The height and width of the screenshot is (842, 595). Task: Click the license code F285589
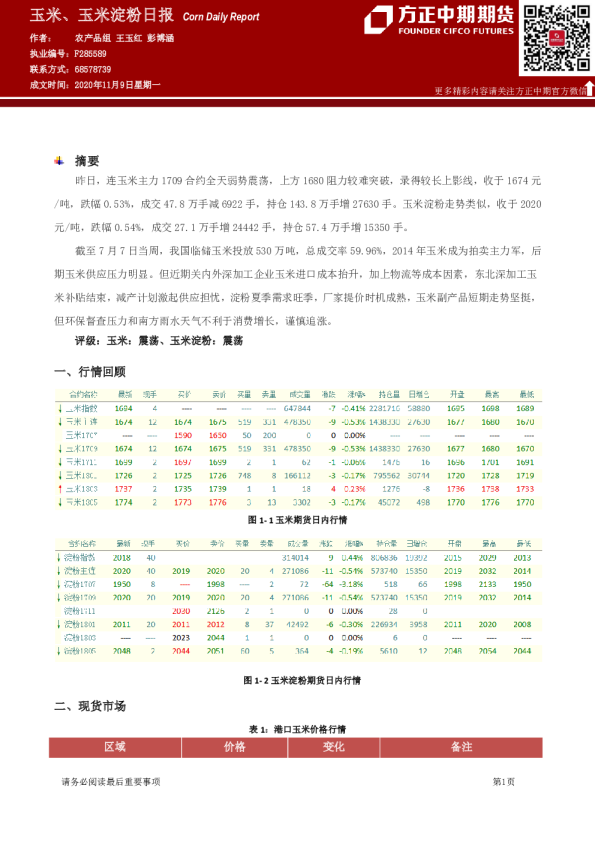tap(90, 53)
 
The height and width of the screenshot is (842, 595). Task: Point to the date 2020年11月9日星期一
tap(117, 85)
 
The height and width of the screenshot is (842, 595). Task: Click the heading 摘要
tap(87, 160)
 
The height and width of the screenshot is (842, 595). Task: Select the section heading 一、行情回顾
tap(89, 371)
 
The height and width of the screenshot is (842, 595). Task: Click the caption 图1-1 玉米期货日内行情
tap(296, 521)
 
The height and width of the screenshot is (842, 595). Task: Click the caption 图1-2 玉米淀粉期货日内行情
tap(296, 680)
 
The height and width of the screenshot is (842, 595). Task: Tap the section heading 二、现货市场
tap(89, 706)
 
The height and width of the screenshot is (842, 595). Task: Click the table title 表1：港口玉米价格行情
tap(296, 729)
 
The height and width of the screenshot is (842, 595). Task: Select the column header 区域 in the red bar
tap(115, 746)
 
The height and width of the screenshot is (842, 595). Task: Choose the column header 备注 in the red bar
tap(461, 746)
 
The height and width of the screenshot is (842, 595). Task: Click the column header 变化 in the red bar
tap(333, 746)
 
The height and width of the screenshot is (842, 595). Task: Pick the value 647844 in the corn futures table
tap(298, 409)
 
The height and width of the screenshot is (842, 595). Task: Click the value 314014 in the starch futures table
tap(296, 557)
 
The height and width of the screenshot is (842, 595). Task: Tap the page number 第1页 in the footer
tap(503, 781)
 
